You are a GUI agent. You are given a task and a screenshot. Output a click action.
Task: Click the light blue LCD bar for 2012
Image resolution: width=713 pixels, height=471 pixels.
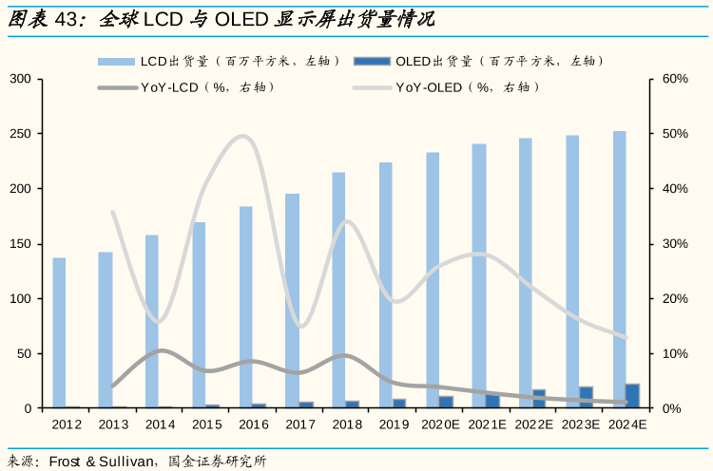(x=59, y=332)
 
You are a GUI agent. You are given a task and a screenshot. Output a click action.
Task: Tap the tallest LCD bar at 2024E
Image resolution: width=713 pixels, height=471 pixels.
(x=619, y=270)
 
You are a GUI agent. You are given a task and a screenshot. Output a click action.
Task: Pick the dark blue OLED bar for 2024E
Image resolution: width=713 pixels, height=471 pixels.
(x=632, y=396)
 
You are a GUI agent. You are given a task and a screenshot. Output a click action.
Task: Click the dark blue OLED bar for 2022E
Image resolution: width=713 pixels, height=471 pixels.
(x=539, y=399)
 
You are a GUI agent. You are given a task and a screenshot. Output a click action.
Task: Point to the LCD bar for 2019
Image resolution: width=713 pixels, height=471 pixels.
(x=385, y=285)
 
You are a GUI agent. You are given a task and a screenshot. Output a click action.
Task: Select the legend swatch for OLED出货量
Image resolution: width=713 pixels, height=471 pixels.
(x=372, y=62)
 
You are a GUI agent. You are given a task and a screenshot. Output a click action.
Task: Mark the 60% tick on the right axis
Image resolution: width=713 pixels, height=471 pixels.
(x=675, y=79)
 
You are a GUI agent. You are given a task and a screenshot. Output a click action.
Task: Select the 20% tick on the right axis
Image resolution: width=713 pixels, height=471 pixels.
(x=675, y=299)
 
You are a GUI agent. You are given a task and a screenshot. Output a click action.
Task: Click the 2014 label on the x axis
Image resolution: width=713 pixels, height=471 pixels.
(x=160, y=424)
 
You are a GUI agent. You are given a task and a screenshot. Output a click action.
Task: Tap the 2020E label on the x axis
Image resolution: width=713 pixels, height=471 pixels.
(x=440, y=424)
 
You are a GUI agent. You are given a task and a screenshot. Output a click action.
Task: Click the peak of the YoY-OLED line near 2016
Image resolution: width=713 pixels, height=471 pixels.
(x=243, y=136)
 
